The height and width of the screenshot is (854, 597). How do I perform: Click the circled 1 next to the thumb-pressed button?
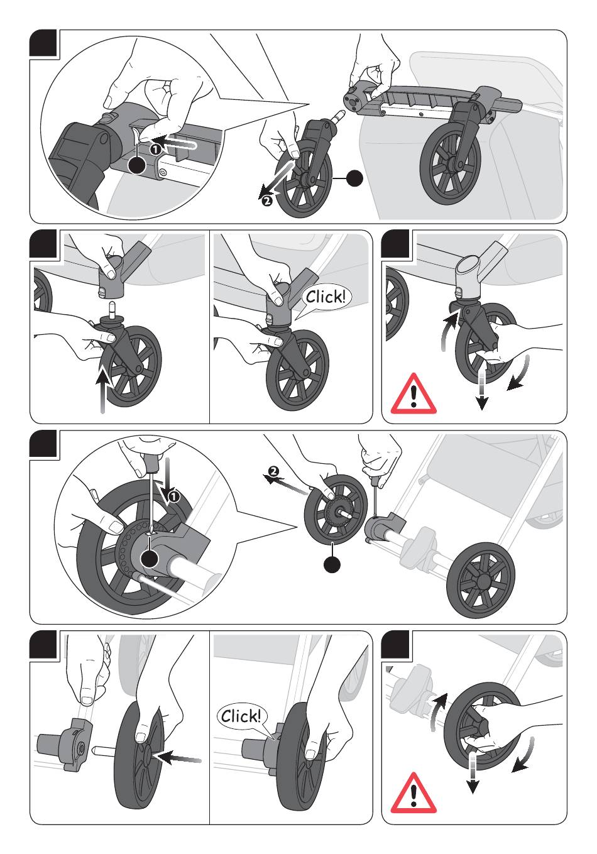coord(153,150)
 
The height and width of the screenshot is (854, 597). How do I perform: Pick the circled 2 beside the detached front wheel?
coord(266,201)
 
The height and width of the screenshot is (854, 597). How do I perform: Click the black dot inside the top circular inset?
coord(136,165)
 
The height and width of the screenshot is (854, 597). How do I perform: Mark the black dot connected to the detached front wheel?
coord(354,178)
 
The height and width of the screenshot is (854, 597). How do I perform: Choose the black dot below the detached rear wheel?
coord(332,564)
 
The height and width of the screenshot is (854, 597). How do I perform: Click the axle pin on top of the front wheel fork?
coord(112,310)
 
